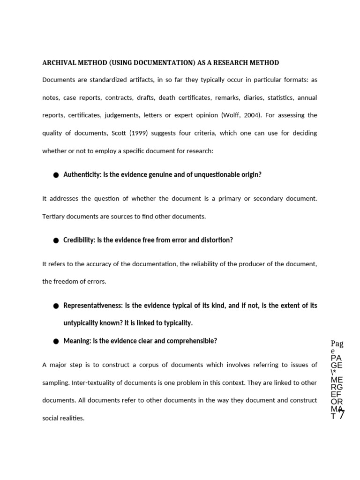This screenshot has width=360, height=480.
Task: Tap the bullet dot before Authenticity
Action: (56, 175)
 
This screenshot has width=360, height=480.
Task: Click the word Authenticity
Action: (82, 174)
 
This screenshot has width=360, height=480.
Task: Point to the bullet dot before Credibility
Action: (56, 240)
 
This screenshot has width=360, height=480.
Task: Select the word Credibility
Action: (79, 240)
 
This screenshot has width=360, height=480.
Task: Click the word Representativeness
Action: (92, 306)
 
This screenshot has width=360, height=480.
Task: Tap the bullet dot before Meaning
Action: (56, 341)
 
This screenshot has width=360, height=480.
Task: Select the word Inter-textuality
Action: (93, 382)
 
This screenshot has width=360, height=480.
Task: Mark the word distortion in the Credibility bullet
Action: (216, 240)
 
